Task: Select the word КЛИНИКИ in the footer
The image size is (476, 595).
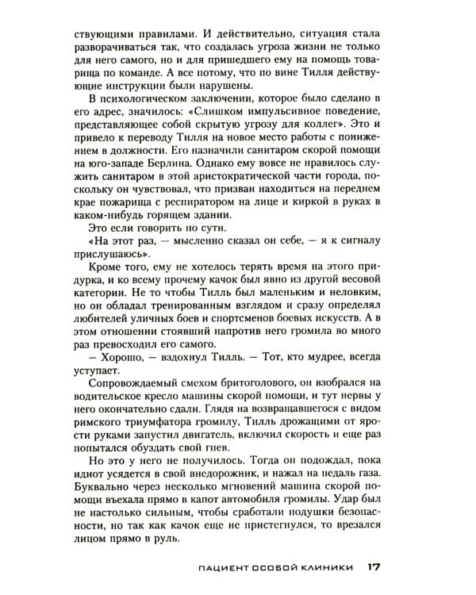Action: tap(328, 568)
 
